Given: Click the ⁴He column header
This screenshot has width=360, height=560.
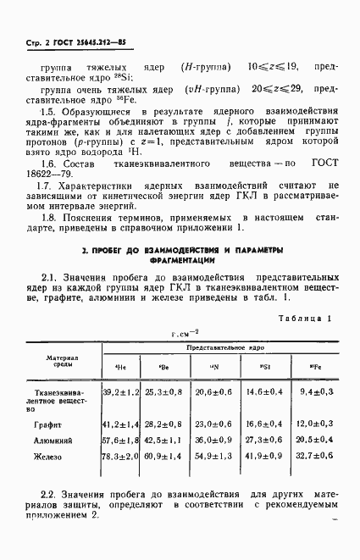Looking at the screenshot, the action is tap(119, 366).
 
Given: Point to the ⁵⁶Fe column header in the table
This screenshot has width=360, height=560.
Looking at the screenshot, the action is tap(313, 366).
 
